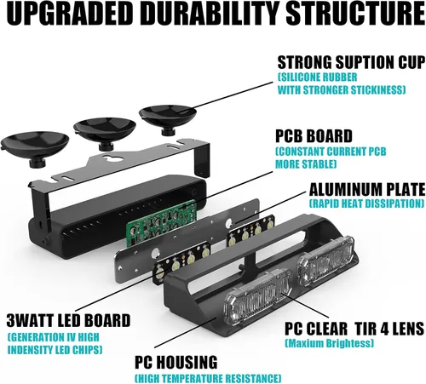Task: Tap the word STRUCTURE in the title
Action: click(355, 14)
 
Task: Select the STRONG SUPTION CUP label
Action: click(351, 62)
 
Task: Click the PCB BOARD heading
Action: click(314, 136)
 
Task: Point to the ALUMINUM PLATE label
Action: click(367, 190)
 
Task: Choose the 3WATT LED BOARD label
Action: click(68, 320)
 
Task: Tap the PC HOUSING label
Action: click(176, 362)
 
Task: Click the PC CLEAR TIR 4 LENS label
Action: click(354, 329)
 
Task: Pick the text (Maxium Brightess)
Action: click(329, 343)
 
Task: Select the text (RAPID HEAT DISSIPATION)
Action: click(366, 203)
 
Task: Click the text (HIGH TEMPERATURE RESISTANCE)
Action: click(208, 378)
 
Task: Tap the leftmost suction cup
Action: click(35, 148)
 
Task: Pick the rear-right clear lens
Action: click(325, 260)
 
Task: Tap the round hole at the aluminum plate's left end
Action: click(155, 253)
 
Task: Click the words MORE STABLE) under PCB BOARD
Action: click(306, 164)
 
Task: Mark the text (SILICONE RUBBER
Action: click(317, 77)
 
